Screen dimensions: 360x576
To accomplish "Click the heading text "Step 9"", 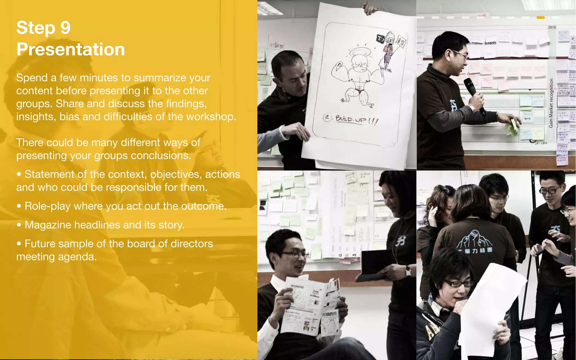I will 43,28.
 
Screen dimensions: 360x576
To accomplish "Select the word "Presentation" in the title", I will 70,49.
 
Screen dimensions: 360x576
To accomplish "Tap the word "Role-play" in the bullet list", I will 47,206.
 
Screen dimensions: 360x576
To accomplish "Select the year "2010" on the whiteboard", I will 552,27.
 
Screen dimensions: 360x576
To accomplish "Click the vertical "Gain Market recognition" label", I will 551,103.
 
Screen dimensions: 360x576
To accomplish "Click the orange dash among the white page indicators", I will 541,17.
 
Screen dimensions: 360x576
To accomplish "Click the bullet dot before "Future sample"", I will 19,244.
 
